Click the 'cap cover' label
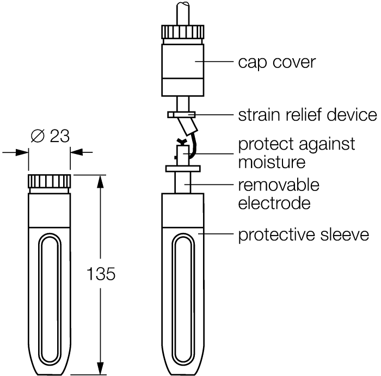[x=276, y=62]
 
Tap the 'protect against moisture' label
[x=296, y=153]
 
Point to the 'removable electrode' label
[x=279, y=194]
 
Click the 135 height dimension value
[x=101, y=274]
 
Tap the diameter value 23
[x=59, y=136]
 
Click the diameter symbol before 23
[x=38, y=136]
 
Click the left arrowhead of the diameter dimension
[x=24, y=152]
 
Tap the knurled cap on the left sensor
[x=50, y=181]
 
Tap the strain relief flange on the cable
[x=181, y=115]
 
